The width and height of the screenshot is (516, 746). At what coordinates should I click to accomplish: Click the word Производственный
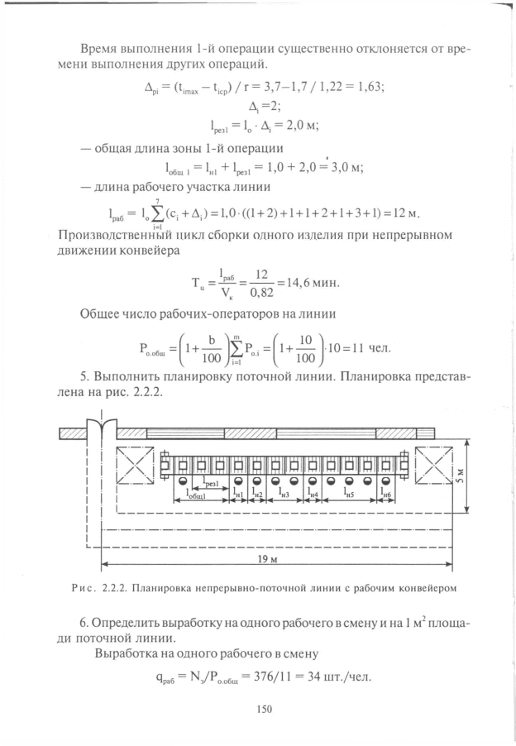pos(115,235)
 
